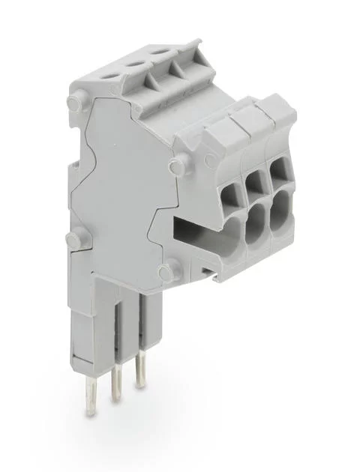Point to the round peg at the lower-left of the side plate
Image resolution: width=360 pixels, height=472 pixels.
(73, 240)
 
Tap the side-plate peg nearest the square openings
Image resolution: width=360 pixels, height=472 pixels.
(176, 164)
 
